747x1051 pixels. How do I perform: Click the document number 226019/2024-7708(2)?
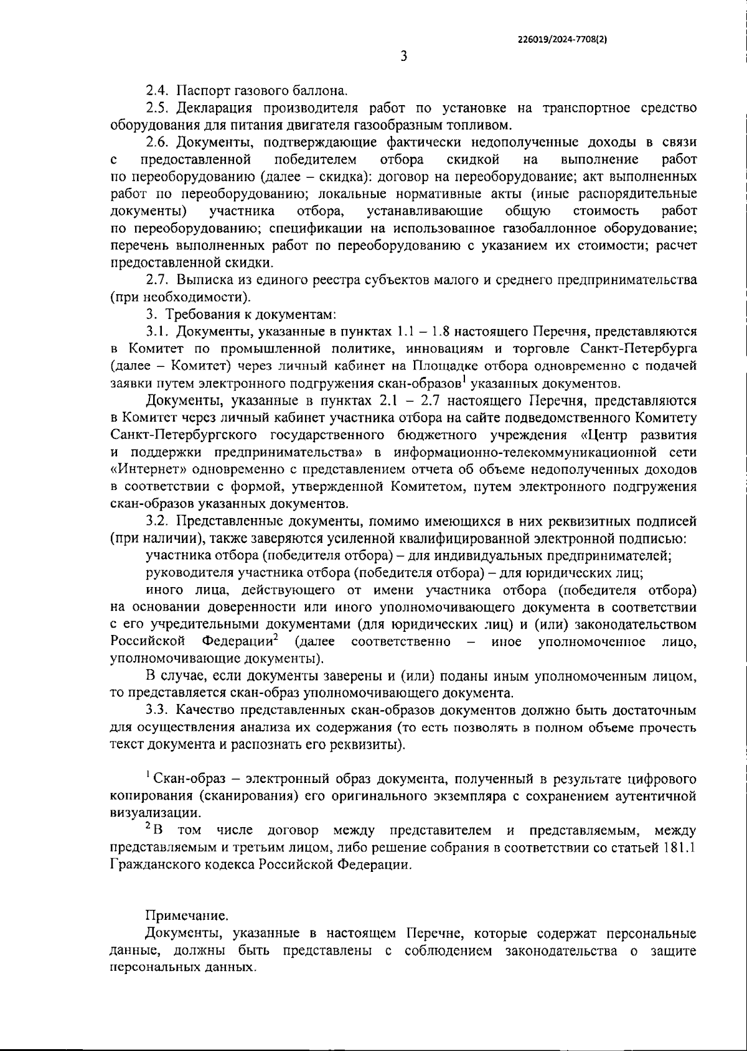tap(562, 39)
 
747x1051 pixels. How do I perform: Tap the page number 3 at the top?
tap(403, 57)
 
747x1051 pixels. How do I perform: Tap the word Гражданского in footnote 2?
tap(148, 864)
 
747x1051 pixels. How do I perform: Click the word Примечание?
tap(187, 916)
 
